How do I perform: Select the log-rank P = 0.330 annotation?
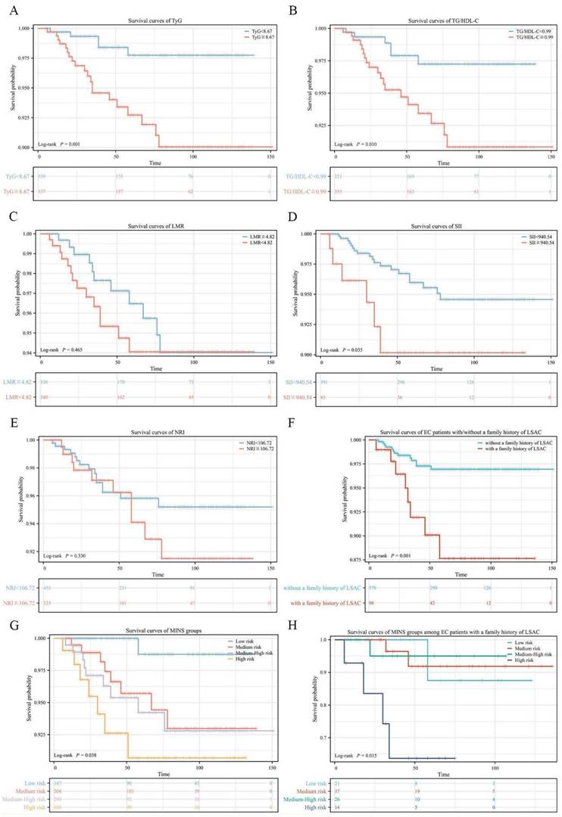(66, 556)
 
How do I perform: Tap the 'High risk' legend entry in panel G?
(242, 663)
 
